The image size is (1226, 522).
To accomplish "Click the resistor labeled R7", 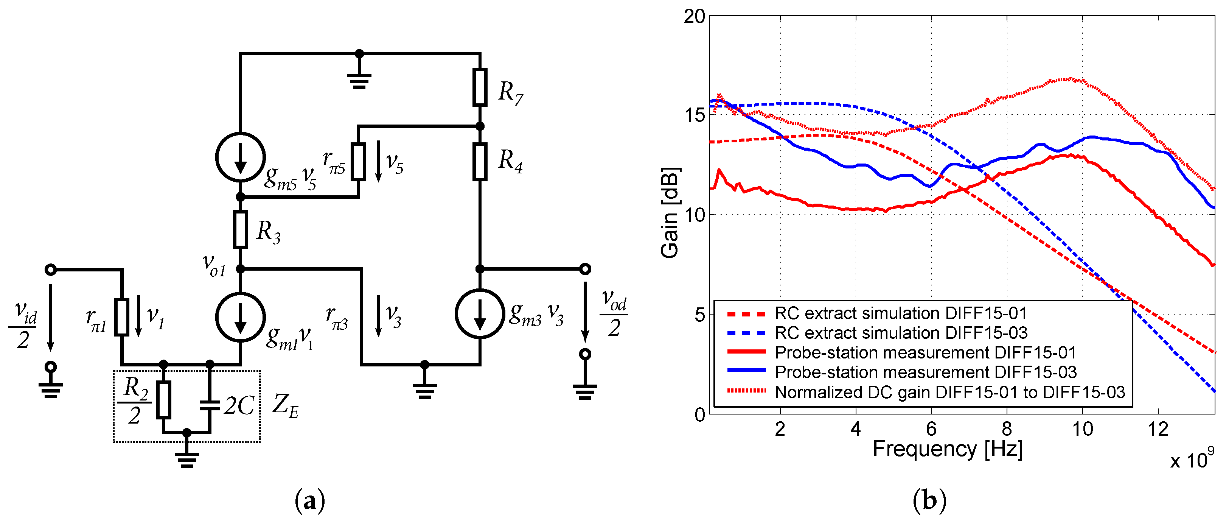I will pos(480,87).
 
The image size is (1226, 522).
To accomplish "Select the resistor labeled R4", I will pos(480,162).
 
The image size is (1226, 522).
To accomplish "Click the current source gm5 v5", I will pos(240,157).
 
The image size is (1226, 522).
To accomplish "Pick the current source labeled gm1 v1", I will pos(240,317).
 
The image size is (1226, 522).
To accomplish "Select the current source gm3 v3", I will pos(480,313).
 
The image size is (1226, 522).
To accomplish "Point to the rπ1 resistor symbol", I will pos(122,317).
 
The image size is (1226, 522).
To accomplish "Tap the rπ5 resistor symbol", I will pos(358,162).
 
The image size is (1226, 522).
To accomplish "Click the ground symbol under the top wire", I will pos(359,80).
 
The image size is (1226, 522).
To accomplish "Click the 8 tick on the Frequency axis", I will pos(1007,430).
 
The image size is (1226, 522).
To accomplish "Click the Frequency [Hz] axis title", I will pos(947,449).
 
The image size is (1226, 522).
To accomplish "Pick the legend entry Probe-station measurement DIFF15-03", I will pos(925,372).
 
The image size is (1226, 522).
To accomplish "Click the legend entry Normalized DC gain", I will pos(949,392).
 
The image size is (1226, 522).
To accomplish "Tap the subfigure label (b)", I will pos(929,500).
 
